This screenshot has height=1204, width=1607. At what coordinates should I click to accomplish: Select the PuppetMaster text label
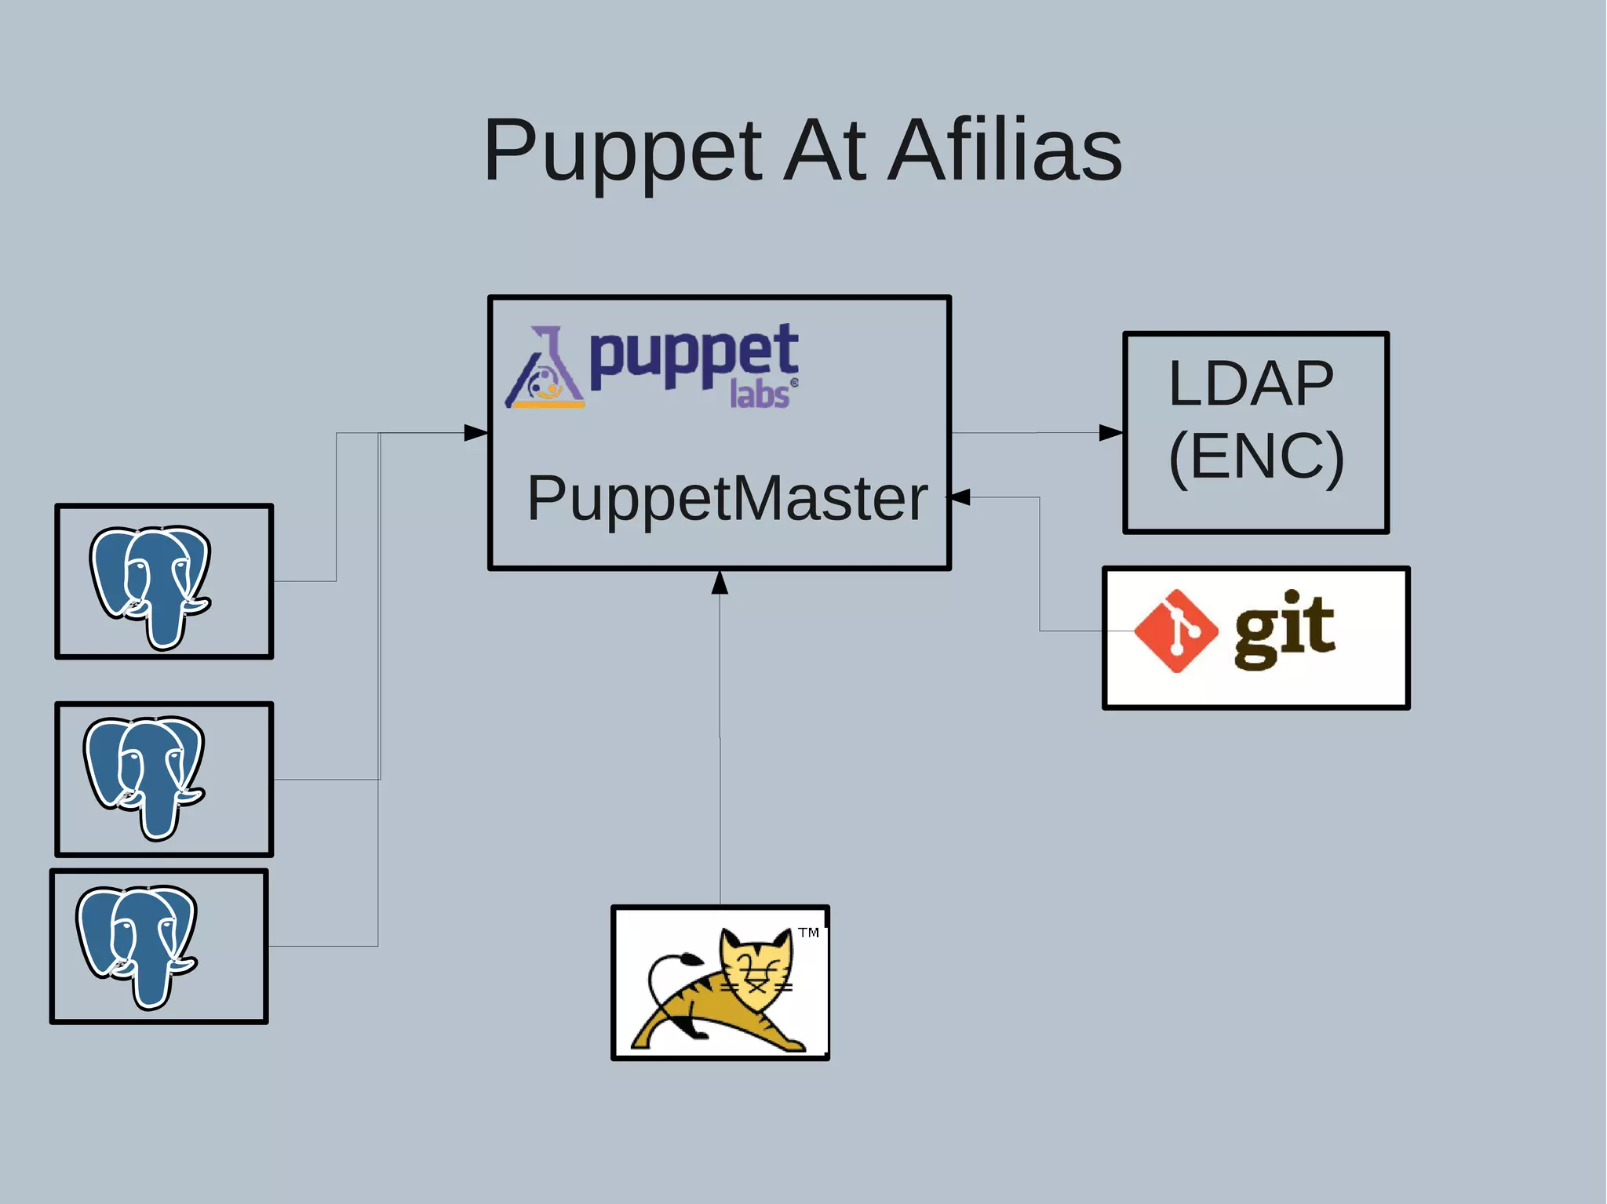pyautogui.click(x=727, y=498)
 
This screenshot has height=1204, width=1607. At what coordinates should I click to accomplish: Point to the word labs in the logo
pyautogui.click(x=759, y=394)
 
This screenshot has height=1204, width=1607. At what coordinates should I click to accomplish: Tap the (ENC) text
pyautogui.click(x=1256, y=457)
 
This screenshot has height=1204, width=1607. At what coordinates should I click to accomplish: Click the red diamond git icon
pyautogui.click(x=1175, y=631)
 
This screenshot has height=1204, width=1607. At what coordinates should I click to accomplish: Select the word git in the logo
pyautogui.click(x=1285, y=627)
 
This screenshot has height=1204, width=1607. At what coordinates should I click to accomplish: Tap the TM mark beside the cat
pyautogui.click(x=808, y=933)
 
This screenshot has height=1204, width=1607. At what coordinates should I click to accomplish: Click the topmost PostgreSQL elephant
pyautogui.click(x=151, y=584)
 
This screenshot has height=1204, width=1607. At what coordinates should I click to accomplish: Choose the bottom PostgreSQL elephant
pyautogui.click(x=137, y=944)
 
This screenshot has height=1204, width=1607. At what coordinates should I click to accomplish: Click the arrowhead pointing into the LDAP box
pyautogui.click(x=1110, y=433)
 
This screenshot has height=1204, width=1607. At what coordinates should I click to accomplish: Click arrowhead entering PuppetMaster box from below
pyautogui.click(x=720, y=583)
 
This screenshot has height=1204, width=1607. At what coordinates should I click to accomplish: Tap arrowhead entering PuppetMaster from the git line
pyautogui.click(x=959, y=497)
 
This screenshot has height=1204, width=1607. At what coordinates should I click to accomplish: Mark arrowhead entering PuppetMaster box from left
pyautogui.click(x=476, y=433)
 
